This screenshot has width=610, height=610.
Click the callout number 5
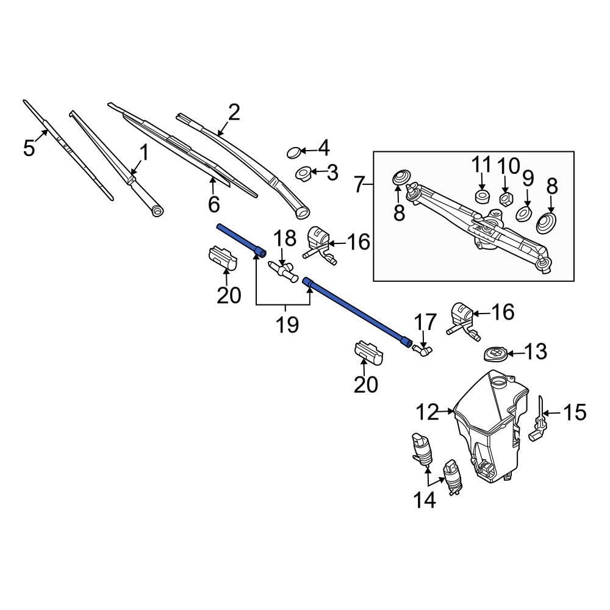click(29, 148)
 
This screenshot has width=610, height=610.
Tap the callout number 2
click(234, 112)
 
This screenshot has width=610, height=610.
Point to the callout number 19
click(286, 325)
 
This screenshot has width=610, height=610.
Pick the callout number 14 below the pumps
click(425, 501)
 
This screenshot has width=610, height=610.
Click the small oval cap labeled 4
click(294, 151)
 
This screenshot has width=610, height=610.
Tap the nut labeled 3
click(303, 174)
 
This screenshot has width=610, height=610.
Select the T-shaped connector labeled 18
click(283, 269)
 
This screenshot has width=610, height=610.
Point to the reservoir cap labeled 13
click(494, 353)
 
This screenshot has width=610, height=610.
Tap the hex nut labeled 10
click(505, 198)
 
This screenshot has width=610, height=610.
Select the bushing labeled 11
click(482, 196)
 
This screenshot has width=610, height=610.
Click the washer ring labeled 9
click(523, 214)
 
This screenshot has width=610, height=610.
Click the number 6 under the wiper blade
click(213, 204)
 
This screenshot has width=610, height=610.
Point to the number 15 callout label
click(574, 413)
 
